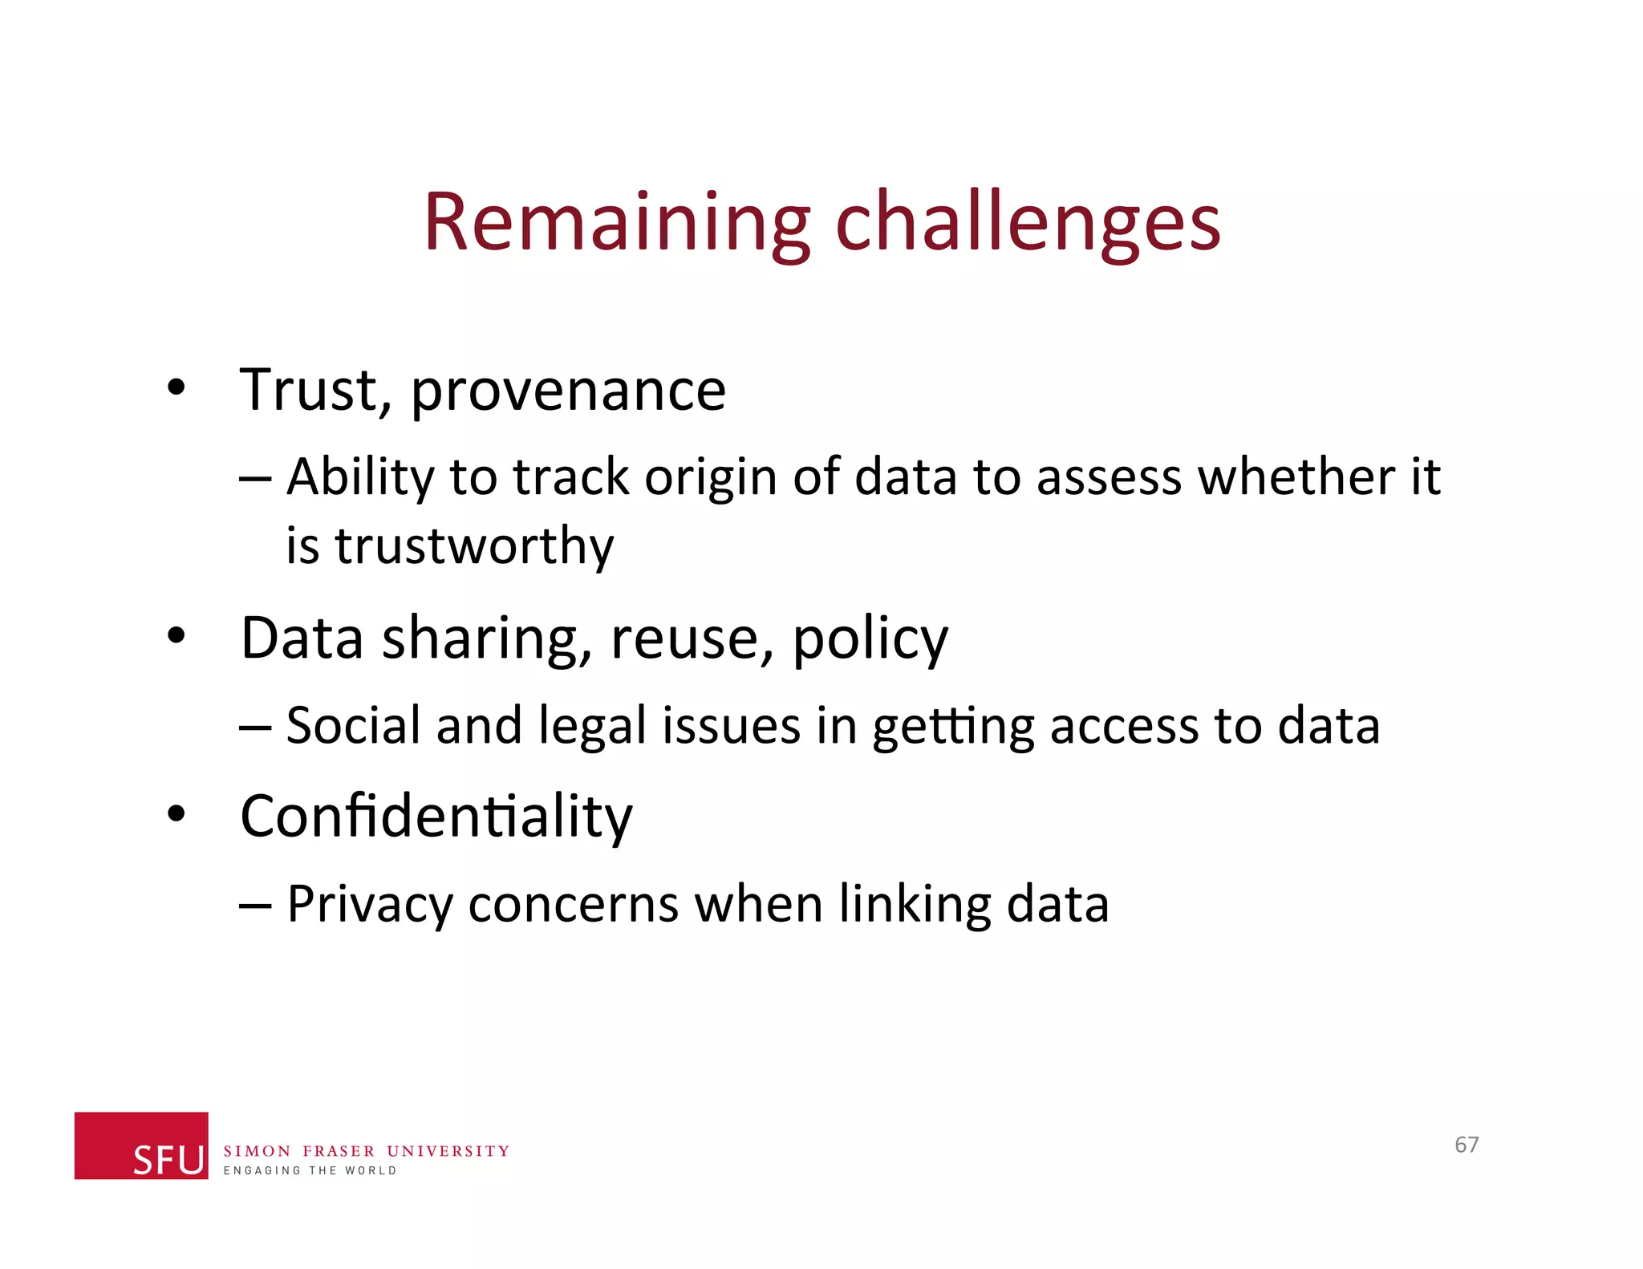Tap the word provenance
[x=568, y=391]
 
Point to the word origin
[x=710, y=477]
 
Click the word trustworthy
[x=474, y=546]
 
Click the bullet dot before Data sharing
[x=176, y=637]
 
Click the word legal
[x=592, y=727]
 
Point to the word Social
[x=353, y=725]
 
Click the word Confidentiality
[x=436, y=817]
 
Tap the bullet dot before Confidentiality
[x=176, y=815]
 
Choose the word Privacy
[x=370, y=906]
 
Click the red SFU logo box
[x=141, y=1145]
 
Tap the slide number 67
[x=1467, y=1145]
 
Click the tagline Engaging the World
[x=310, y=1171]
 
